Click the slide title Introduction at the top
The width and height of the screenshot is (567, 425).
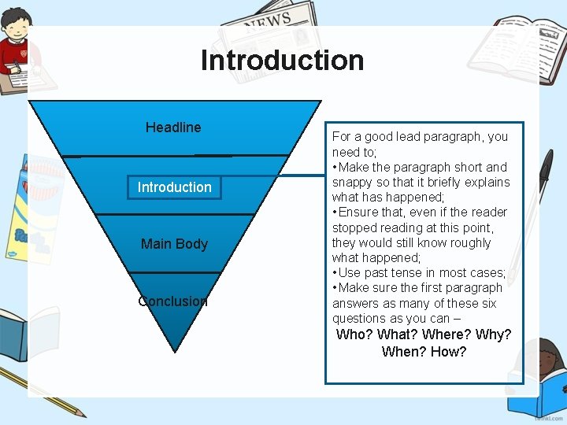pyautogui.click(x=282, y=61)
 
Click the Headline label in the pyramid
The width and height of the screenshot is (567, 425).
pyautogui.click(x=173, y=128)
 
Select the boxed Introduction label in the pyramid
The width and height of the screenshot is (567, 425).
pyautogui.click(x=174, y=187)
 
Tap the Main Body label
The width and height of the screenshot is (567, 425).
pyautogui.click(x=174, y=244)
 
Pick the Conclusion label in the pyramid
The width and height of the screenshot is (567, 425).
pyautogui.click(x=172, y=301)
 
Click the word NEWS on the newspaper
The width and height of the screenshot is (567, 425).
pyautogui.click(x=267, y=20)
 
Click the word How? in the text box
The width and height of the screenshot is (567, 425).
pyautogui.click(x=448, y=352)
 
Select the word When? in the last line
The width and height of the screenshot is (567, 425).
pyautogui.click(x=403, y=352)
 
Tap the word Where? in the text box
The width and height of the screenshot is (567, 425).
pyautogui.click(x=447, y=334)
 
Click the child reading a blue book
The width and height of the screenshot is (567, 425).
pyautogui.click(x=539, y=378)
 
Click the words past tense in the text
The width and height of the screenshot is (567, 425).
pyautogui.click(x=389, y=273)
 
